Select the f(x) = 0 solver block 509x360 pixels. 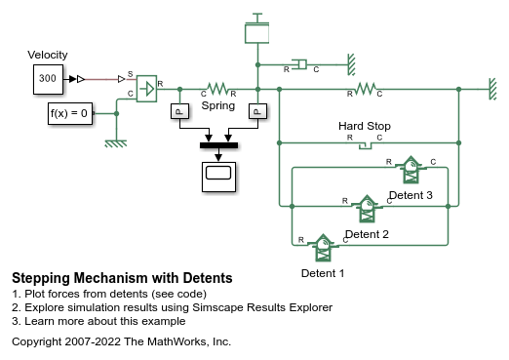click(x=69, y=114)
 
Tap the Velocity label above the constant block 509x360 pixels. click(x=49, y=55)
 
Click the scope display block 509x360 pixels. click(x=218, y=175)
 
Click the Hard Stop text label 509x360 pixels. click(x=365, y=126)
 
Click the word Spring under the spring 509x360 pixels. click(x=217, y=104)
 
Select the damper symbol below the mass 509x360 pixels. click(x=300, y=65)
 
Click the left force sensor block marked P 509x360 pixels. click(x=178, y=112)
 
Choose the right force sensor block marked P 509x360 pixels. click(x=256, y=112)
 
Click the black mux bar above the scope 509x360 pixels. click(x=218, y=145)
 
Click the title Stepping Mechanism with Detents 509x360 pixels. click(x=122, y=279)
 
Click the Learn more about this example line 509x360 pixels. click(x=98, y=321)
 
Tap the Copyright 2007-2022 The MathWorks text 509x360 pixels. click(x=121, y=341)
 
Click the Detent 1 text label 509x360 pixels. click(x=323, y=272)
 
